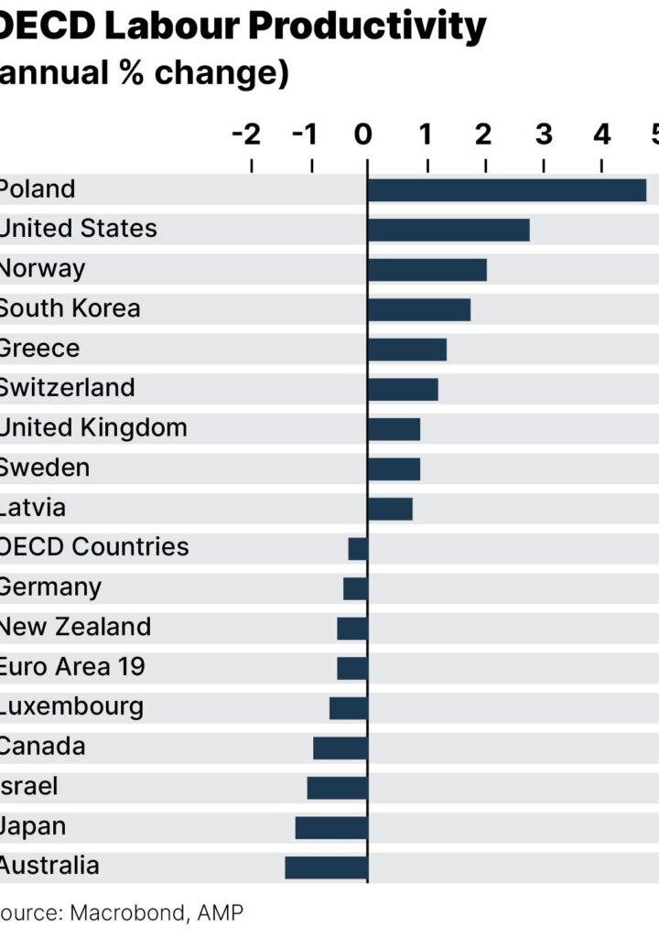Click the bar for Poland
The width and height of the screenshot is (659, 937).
[x=506, y=190]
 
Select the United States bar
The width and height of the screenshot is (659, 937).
[x=448, y=230]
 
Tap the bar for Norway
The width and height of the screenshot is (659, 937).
[x=427, y=270]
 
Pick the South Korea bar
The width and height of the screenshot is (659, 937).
[x=418, y=309]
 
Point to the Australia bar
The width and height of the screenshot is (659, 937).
[x=326, y=867]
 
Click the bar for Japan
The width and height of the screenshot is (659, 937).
[x=331, y=827]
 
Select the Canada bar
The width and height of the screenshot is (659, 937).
[x=340, y=748]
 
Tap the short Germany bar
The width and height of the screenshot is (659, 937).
[x=355, y=588]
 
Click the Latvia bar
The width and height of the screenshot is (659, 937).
[x=390, y=509]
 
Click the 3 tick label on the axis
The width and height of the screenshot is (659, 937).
[x=544, y=135]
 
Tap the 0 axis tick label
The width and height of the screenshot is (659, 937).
[x=363, y=135]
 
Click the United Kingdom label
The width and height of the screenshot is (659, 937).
[x=92, y=428]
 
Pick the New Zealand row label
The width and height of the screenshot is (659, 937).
[x=74, y=627]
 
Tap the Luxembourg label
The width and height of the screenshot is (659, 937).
[x=70, y=706]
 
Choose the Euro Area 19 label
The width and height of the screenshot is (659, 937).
[x=71, y=667]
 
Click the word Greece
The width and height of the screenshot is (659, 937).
[x=38, y=349]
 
